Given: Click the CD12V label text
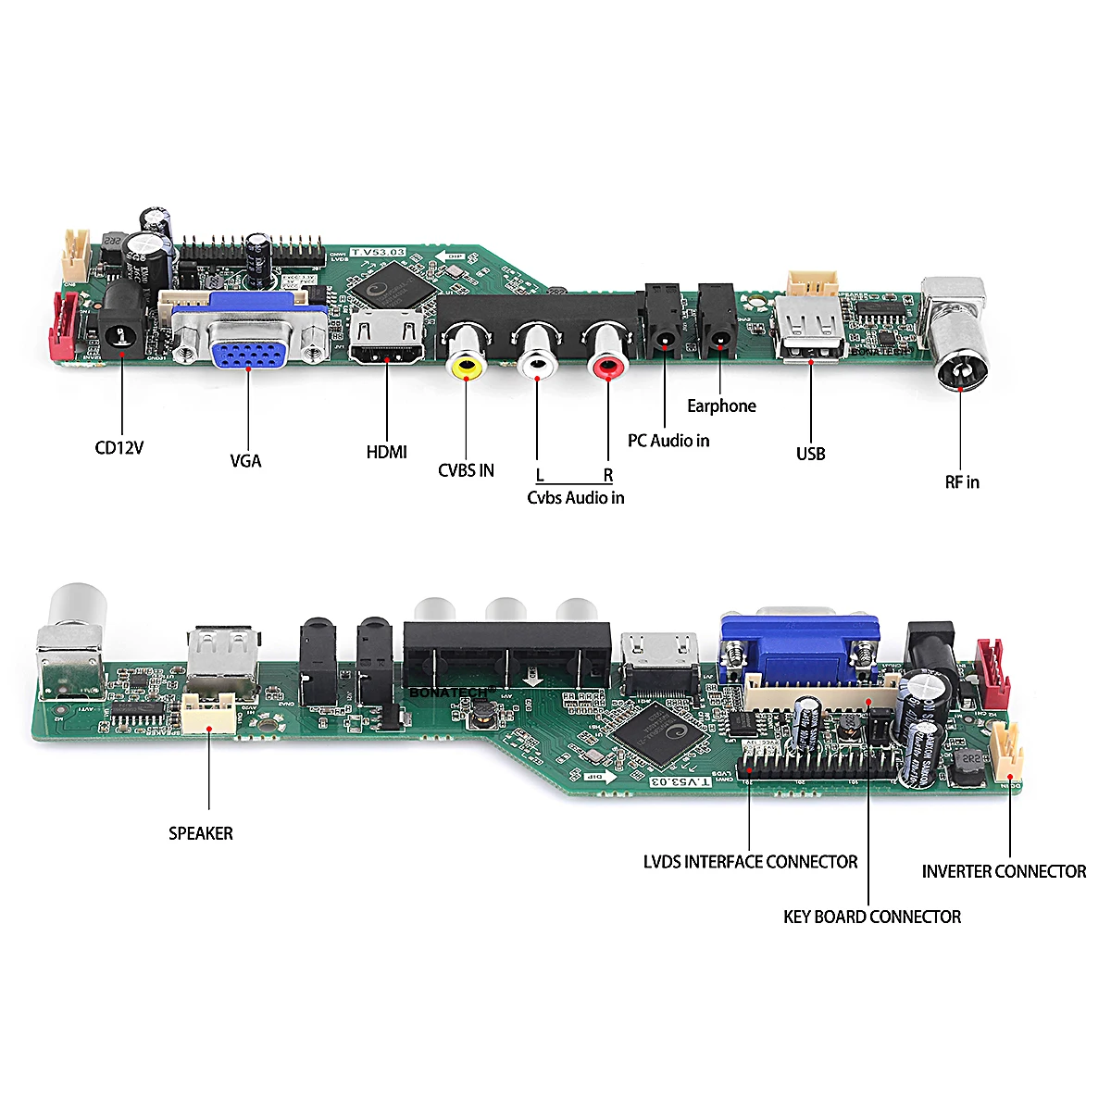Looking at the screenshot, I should (x=119, y=448).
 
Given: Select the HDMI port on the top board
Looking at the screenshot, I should (x=387, y=339).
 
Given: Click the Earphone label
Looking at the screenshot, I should (x=721, y=406).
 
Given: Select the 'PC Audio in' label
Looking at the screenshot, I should (x=668, y=441).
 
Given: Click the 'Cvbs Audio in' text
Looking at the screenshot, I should (x=575, y=498).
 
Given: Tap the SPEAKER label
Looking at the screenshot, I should (x=201, y=833).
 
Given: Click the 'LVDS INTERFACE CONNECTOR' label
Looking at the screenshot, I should (x=750, y=862).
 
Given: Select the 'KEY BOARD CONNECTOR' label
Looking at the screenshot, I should (x=871, y=917).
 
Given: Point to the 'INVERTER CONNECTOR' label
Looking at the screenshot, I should (x=1004, y=871).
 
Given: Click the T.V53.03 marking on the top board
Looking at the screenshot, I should (x=379, y=252).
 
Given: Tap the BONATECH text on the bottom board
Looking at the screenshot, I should (x=447, y=692).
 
